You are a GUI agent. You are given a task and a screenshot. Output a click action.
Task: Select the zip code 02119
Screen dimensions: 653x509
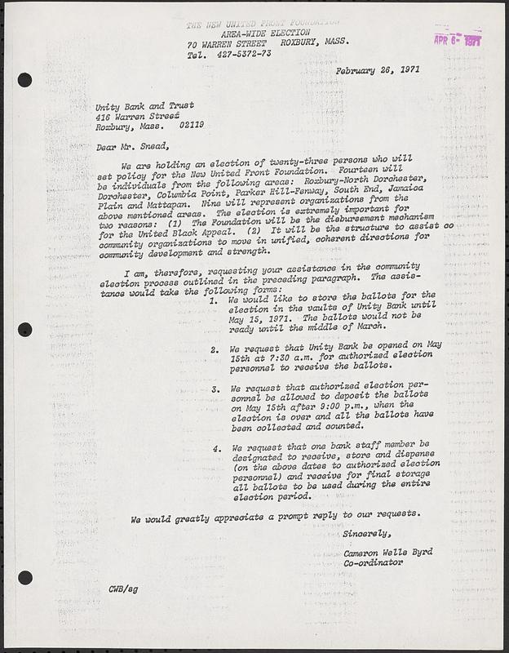point(188,126)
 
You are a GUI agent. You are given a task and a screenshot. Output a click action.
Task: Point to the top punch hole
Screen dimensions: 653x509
point(24,80)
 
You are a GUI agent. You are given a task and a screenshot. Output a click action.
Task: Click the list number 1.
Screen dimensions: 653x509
point(212,301)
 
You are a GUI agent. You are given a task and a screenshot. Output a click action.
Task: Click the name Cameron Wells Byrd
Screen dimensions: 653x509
point(387,553)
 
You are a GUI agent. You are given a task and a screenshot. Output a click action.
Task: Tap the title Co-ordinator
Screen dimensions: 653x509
point(373,563)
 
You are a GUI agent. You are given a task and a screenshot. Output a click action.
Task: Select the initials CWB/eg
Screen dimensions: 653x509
point(124,589)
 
